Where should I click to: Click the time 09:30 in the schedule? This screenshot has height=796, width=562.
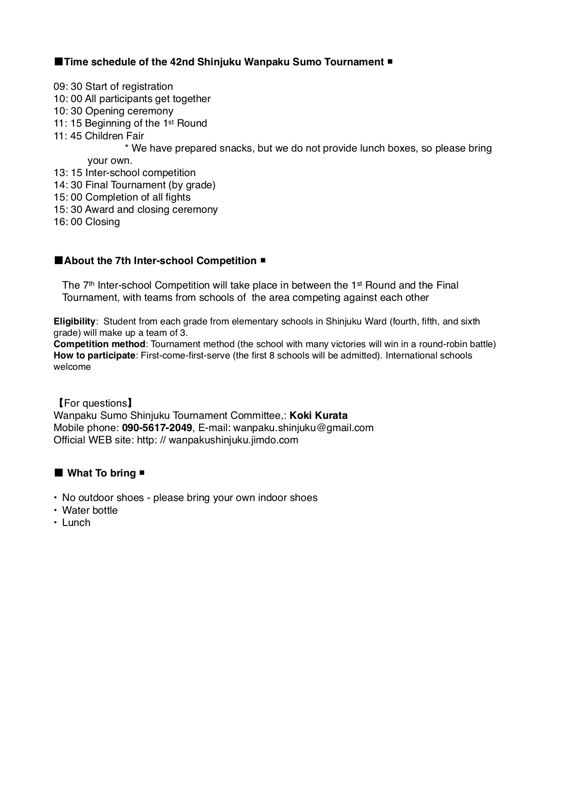(x=68, y=87)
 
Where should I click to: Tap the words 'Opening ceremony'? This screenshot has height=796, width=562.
(x=129, y=111)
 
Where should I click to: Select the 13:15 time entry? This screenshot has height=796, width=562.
(x=68, y=173)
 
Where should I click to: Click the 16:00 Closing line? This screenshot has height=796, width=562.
(x=87, y=222)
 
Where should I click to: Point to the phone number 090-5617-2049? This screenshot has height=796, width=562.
(x=157, y=428)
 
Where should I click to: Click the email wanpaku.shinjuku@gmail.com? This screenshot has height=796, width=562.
(x=303, y=428)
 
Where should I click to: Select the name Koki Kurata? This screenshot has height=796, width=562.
(x=318, y=416)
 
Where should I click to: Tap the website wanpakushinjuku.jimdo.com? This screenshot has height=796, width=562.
(x=233, y=440)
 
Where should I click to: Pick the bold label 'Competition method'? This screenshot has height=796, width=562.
(x=99, y=344)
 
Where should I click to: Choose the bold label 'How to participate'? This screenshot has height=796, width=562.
(x=94, y=356)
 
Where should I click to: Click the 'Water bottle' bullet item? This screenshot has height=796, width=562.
(x=90, y=511)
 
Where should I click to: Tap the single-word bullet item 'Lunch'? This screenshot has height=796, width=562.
(x=76, y=523)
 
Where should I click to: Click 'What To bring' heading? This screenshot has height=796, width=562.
(x=102, y=473)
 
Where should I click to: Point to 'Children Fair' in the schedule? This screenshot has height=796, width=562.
(x=114, y=136)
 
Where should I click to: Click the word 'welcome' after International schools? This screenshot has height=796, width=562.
(x=72, y=367)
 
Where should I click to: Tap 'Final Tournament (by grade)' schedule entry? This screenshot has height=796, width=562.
(x=150, y=185)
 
